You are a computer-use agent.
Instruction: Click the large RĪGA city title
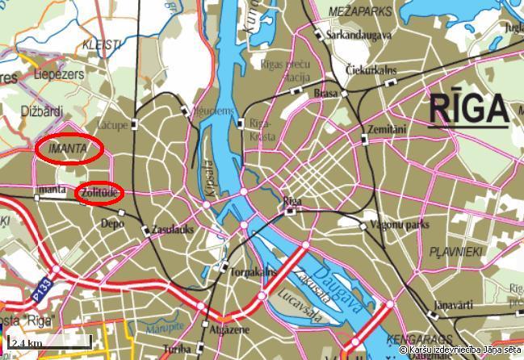468,109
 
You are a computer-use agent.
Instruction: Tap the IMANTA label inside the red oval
68,149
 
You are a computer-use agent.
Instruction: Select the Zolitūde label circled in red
99,193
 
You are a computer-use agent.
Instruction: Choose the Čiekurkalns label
371,70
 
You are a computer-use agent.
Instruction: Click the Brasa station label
325,94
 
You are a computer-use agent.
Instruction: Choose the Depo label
112,224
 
